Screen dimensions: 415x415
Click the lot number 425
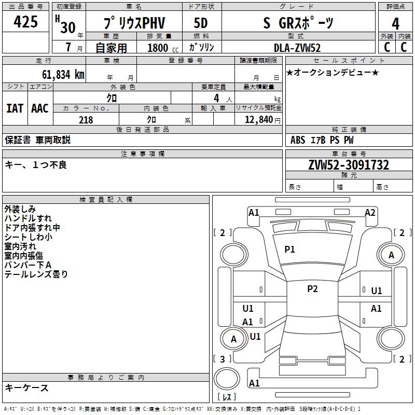pyautogui.click(x=26, y=22)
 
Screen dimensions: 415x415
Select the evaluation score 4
pyautogui.click(x=395, y=23)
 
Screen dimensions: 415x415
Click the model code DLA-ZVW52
pyautogui.click(x=297, y=48)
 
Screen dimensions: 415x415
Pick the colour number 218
pyautogui.click(x=86, y=119)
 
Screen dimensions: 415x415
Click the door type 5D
pyautogui.click(x=201, y=23)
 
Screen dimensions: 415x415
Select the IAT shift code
pyautogui.click(x=15, y=108)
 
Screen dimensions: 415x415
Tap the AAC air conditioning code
pyautogui.click(x=40, y=108)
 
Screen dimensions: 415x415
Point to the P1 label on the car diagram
pyautogui.click(x=289, y=250)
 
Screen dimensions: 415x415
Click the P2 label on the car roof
pyautogui.click(x=312, y=289)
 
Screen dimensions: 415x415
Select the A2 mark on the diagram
pyautogui.click(x=370, y=212)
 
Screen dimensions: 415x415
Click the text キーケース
pyautogui.click(x=26, y=388)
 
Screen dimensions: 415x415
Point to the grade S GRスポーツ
pyautogui.click(x=298, y=23)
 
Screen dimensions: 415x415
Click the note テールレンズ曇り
pyautogui.click(x=36, y=274)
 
